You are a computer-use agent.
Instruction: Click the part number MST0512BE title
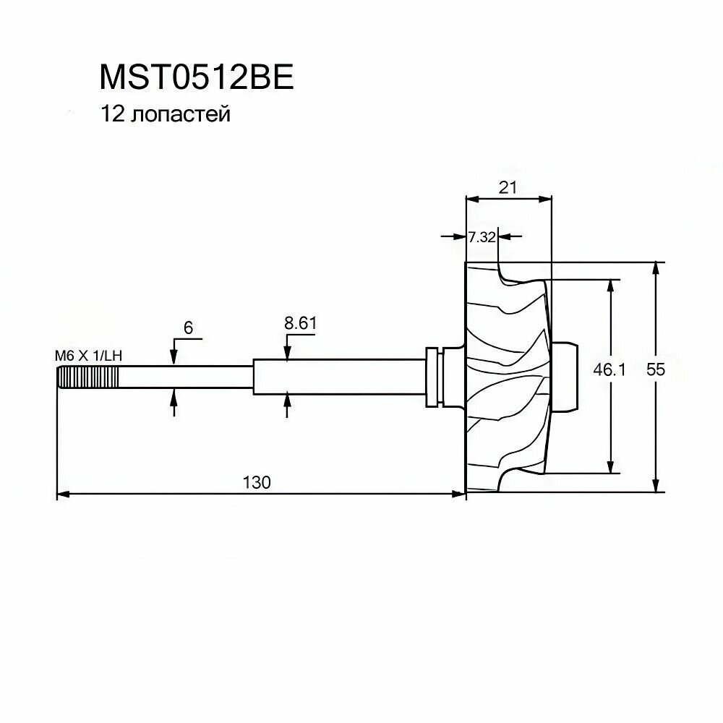[x=196, y=78]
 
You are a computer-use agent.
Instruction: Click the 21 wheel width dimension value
[x=508, y=187]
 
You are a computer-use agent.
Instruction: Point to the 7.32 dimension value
[x=481, y=236]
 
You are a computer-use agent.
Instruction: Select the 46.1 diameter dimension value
[x=609, y=370]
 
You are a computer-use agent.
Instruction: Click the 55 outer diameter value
[x=656, y=369]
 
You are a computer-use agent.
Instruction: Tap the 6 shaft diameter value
[x=188, y=328]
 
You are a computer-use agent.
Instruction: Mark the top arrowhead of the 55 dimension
[x=656, y=268]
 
